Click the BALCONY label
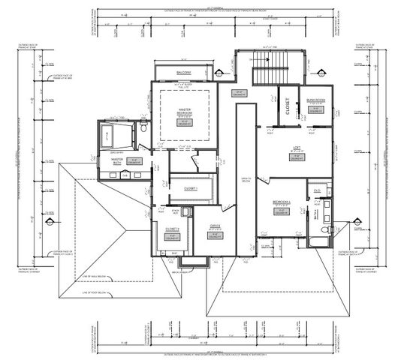[184, 73]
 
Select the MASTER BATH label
[117, 160]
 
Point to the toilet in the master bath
[143, 128]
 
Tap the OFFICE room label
[215, 226]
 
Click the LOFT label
[297, 148]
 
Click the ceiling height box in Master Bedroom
[185, 123]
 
